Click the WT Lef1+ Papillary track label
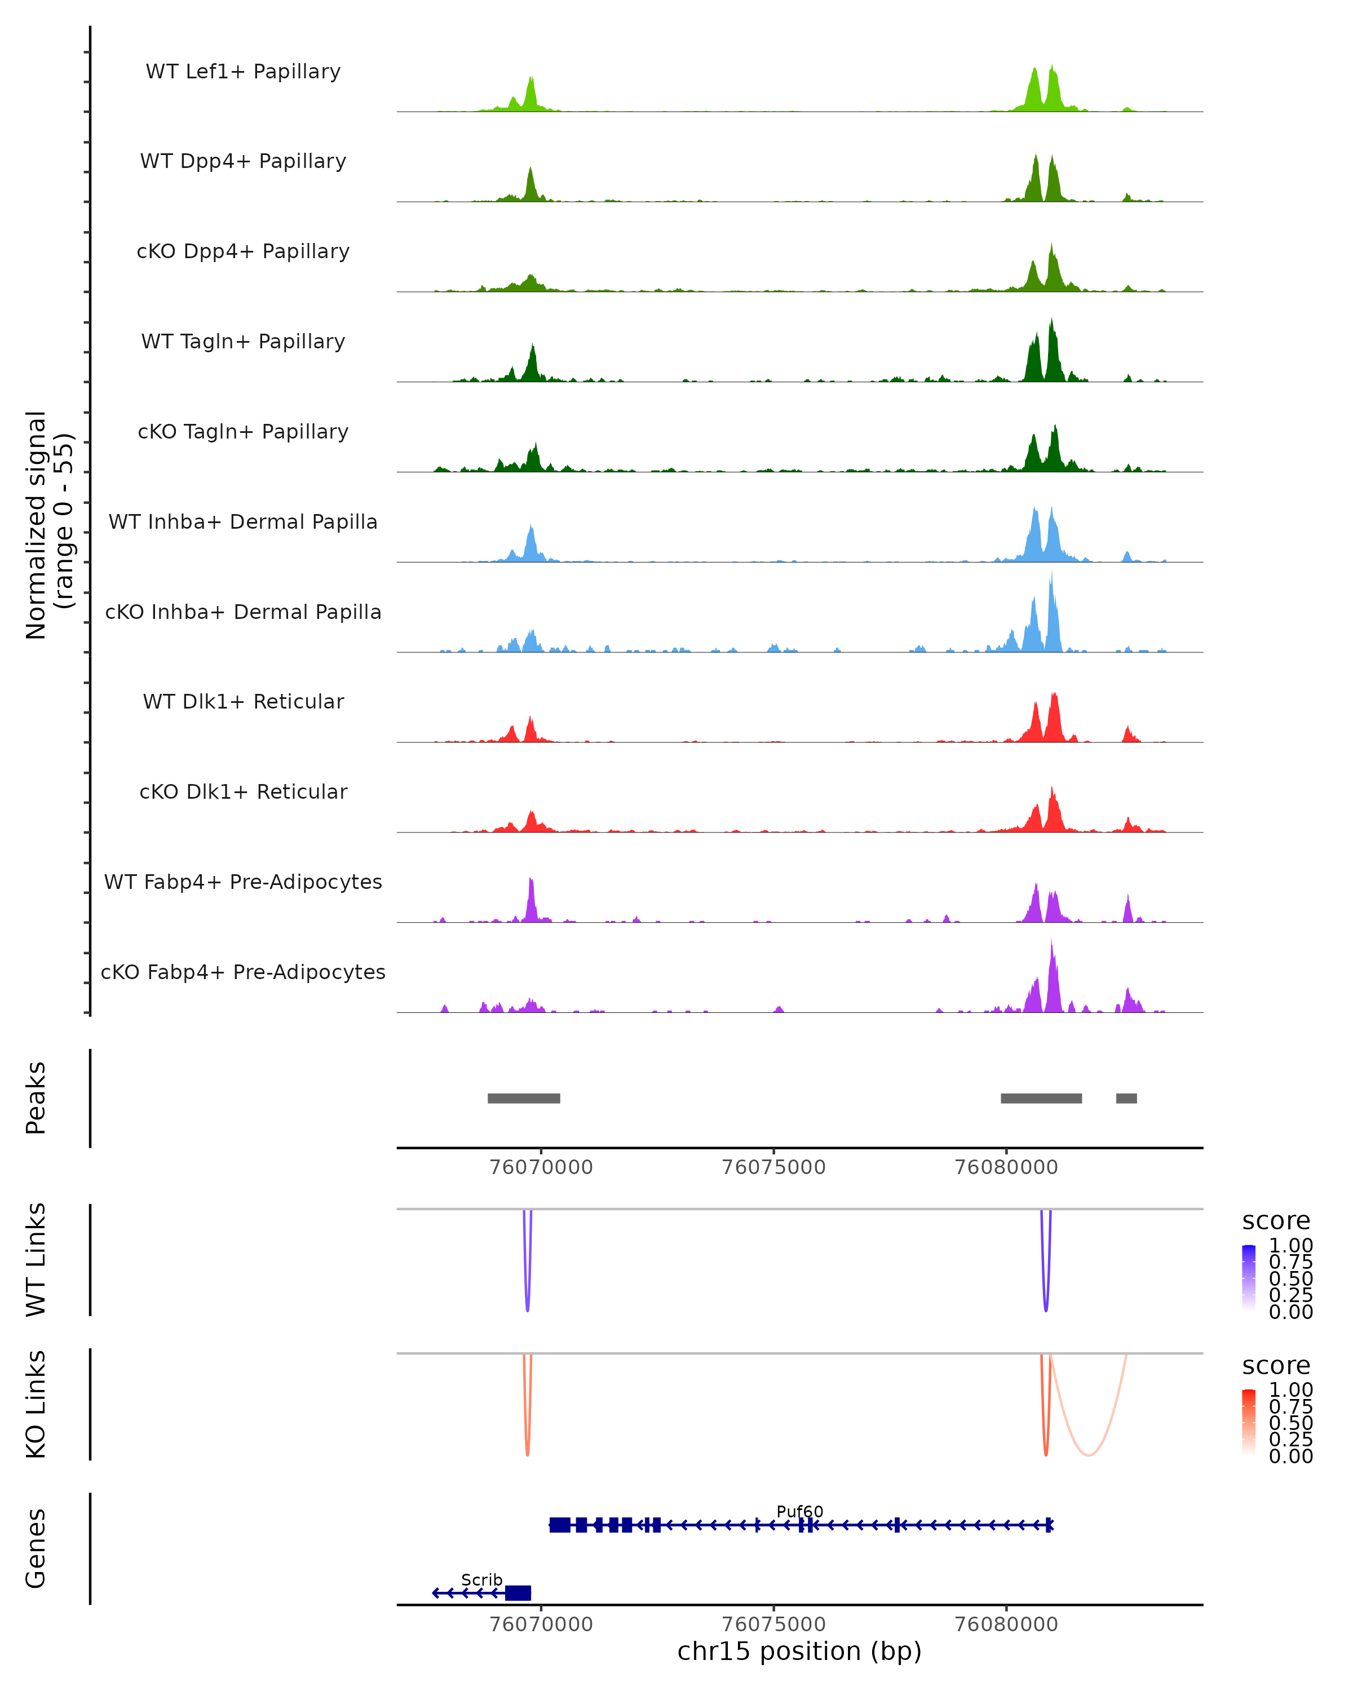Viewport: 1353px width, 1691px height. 243,72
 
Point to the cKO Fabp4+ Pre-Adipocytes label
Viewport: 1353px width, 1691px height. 243,972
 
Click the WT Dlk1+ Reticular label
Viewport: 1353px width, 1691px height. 243,701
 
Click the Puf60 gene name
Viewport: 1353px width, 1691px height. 799,1511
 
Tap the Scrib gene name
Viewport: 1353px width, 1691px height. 481,1579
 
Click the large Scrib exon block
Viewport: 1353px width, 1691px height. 518,1593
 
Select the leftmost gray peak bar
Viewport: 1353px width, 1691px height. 524,1098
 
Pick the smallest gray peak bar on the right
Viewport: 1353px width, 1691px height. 1126,1098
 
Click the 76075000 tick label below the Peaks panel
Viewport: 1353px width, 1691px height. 773,1167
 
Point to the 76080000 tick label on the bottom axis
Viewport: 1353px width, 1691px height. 1006,1624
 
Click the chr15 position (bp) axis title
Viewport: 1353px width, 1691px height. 799,1652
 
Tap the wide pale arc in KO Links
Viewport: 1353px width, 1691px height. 1088,1453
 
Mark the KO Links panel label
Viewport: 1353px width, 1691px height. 36,1405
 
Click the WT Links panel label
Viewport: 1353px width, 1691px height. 36,1260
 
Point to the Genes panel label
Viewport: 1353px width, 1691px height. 36,1548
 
